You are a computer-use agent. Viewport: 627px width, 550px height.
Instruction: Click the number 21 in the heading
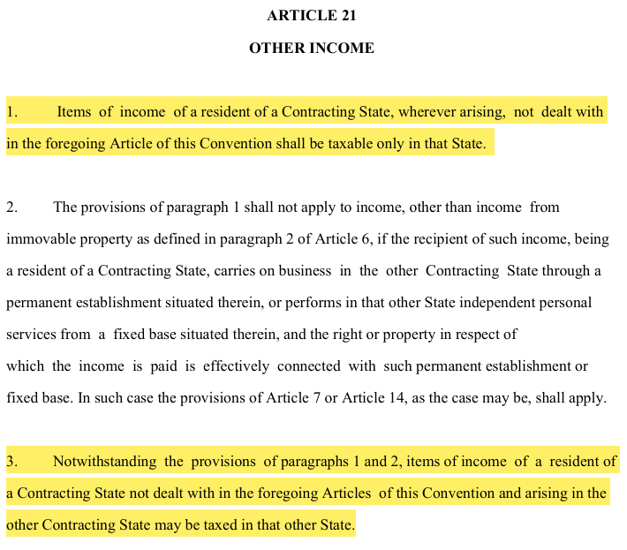(346, 16)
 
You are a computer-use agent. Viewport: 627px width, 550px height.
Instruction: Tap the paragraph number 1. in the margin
(12, 112)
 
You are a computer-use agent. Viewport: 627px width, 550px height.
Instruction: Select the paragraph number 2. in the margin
(12, 207)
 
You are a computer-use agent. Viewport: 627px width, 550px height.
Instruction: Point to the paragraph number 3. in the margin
(12, 462)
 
